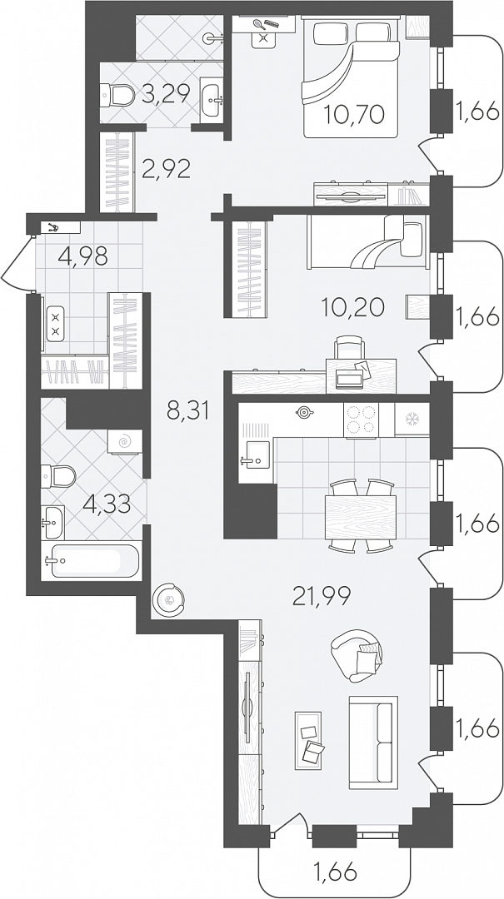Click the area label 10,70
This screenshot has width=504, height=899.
(x=353, y=115)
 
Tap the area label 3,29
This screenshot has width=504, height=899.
(x=165, y=93)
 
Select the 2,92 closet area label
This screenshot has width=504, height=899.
(x=166, y=169)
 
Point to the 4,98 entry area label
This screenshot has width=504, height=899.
(x=82, y=256)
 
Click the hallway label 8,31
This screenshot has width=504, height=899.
(x=187, y=410)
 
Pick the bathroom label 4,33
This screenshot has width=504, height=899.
(x=106, y=505)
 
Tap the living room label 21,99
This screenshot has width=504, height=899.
(x=322, y=598)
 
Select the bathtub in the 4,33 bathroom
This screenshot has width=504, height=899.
(x=92, y=560)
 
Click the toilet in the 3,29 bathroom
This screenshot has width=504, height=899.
(x=117, y=95)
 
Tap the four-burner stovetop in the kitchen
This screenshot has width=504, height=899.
(x=361, y=420)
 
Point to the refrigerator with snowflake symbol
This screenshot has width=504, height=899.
(x=412, y=419)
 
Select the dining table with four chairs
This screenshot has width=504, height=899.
(x=360, y=517)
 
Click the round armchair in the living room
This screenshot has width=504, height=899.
(x=357, y=655)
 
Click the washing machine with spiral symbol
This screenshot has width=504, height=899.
(x=124, y=441)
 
